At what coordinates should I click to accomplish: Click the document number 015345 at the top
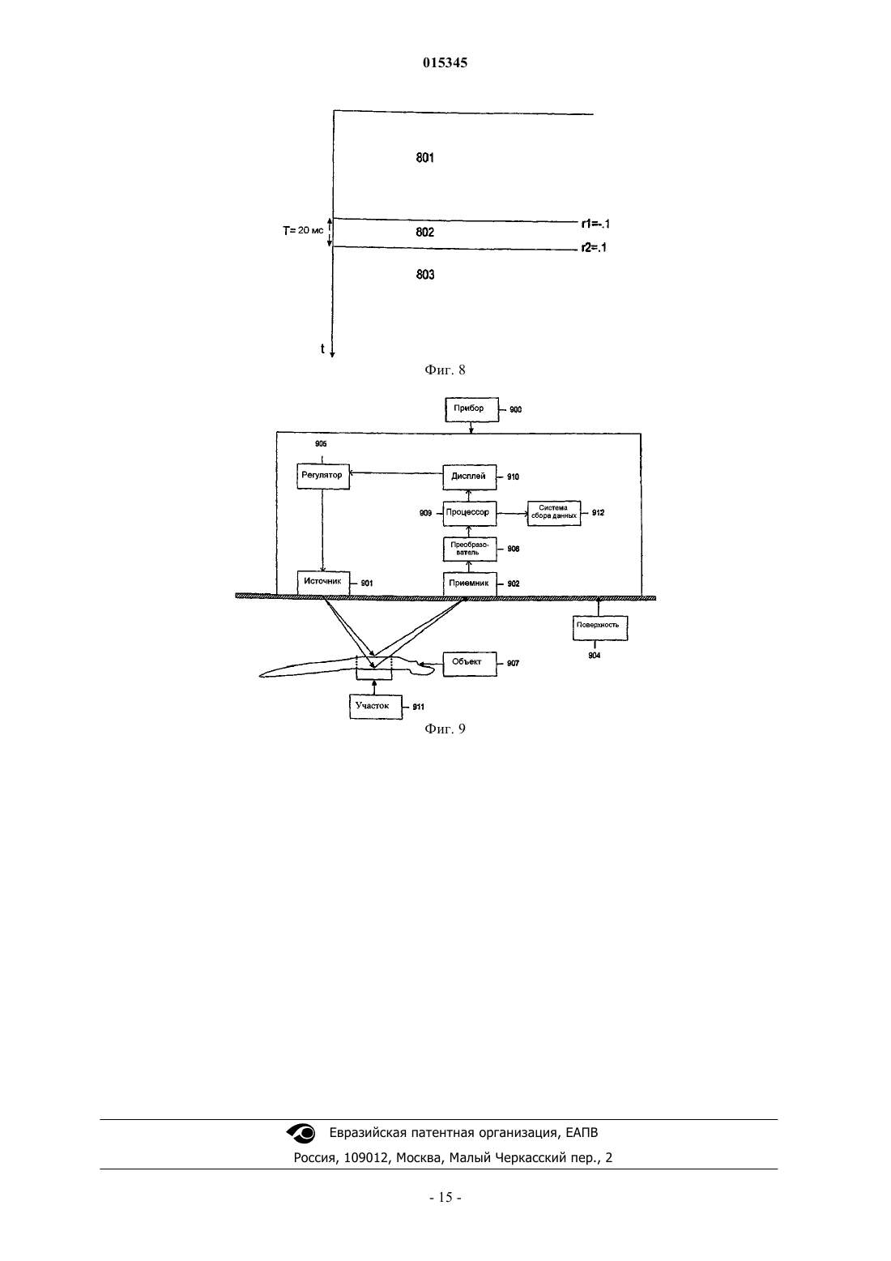click(445, 62)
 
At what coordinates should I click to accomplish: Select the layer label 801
click(424, 157)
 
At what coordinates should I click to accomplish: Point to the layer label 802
click(424, 232)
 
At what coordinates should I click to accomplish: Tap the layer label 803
click(425, 275)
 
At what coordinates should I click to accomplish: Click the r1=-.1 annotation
click(595, 224)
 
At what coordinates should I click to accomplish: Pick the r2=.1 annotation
click(594, 247)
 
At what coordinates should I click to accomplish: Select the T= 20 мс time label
click(303, 230)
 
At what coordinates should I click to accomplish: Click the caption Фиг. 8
click(445, 370)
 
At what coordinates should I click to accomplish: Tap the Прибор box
click(472, 409)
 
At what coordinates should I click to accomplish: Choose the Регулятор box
click(323, 477)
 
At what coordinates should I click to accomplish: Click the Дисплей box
click(470, 477)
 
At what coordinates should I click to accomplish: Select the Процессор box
click(470, 514)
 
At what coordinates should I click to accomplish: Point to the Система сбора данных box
click(554, 513)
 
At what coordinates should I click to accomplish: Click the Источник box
click(323, 583)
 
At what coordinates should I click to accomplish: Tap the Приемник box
click(470, 583)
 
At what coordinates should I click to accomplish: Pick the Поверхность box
click(600, 627)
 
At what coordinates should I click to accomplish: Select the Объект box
click(470, 664)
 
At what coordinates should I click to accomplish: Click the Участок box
click(376, 707)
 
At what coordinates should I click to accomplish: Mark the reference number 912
click(598, 513)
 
